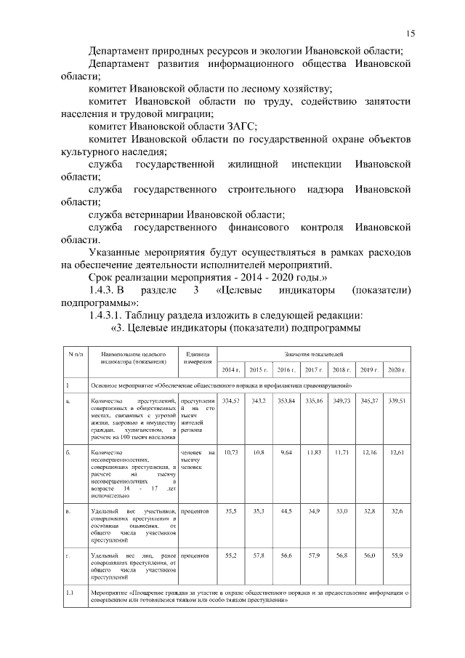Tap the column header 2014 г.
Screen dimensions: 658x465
coord(230,370)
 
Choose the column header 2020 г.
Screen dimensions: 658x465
coord(397,370)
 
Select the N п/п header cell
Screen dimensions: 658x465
coord(75,353)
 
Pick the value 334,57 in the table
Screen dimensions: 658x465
coord(230,401)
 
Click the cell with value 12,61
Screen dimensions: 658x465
coord(397,452)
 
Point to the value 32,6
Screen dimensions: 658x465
coord(397,512)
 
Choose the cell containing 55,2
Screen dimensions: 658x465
coord(230,555)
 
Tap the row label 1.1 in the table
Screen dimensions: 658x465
coord(70,593)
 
